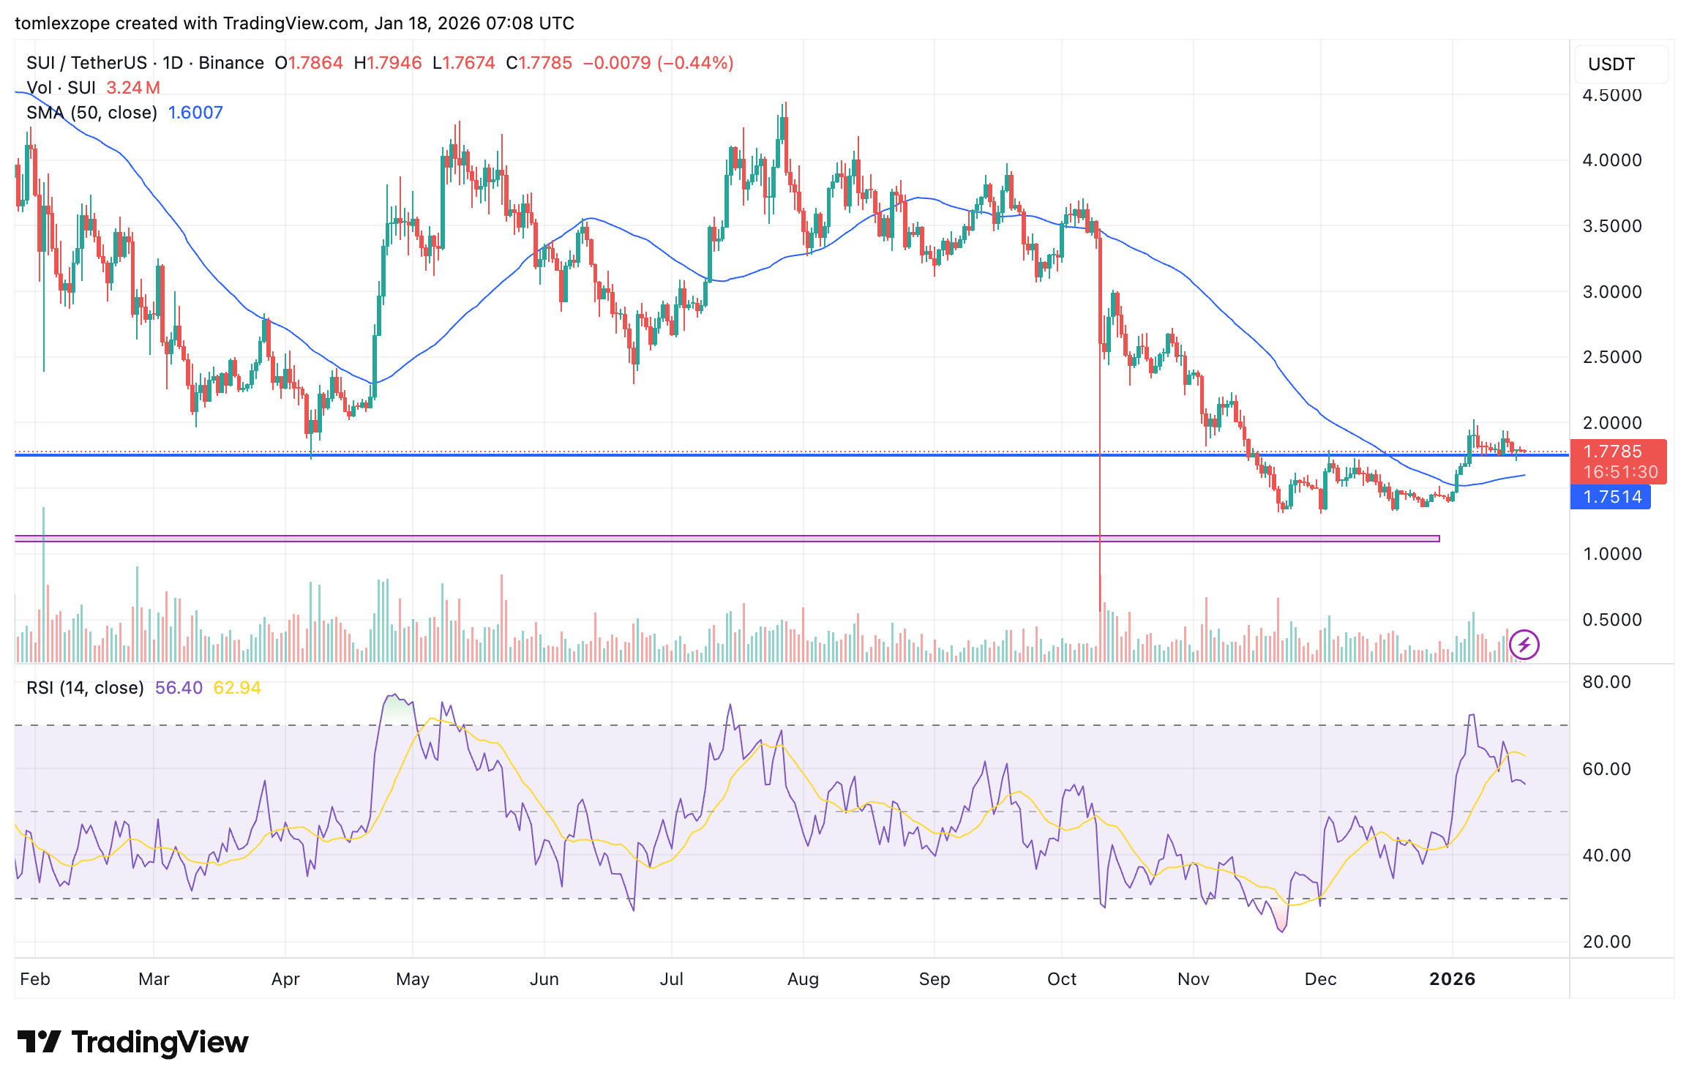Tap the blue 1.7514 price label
1611,498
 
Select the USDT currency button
1611,64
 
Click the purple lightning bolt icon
1524,645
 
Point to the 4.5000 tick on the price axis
1611,95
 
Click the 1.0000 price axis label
1611,554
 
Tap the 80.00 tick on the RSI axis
1606,682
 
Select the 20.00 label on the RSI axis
1606,942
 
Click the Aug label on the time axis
803,979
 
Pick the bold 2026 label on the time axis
1452,979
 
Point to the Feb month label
35,979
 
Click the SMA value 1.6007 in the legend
195,113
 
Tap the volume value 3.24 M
133,88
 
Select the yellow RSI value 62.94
237,688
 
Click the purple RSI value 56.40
179,688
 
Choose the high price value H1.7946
388,63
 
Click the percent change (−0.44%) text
695,63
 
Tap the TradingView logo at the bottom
133,1042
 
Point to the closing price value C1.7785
539,63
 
